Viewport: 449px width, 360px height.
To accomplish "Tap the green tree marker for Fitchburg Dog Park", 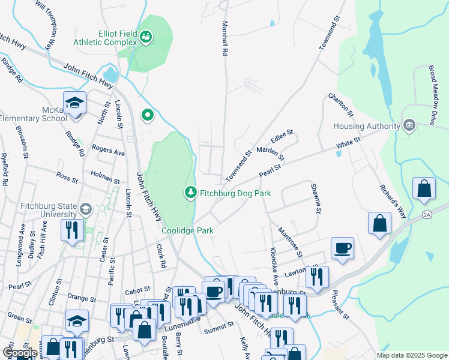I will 190,192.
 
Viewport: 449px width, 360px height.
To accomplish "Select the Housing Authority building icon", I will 409,125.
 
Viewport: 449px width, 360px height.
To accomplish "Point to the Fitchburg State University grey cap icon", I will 85,209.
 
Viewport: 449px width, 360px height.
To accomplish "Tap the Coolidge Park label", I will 187,230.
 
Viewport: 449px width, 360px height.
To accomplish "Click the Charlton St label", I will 340,106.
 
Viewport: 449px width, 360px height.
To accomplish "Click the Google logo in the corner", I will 20,353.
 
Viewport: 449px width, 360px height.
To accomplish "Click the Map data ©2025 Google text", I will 412,355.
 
